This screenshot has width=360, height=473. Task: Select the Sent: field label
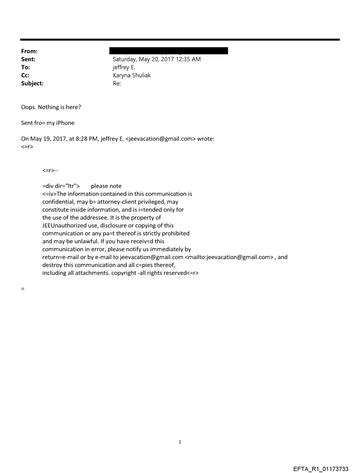[x=28, y=59]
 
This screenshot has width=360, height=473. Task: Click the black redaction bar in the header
[x=169, y=51]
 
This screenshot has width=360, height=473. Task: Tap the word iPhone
[x=65, y=123]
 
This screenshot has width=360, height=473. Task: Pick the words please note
[x=106, y=186]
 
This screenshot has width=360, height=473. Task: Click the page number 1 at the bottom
[x=180, y=442]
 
